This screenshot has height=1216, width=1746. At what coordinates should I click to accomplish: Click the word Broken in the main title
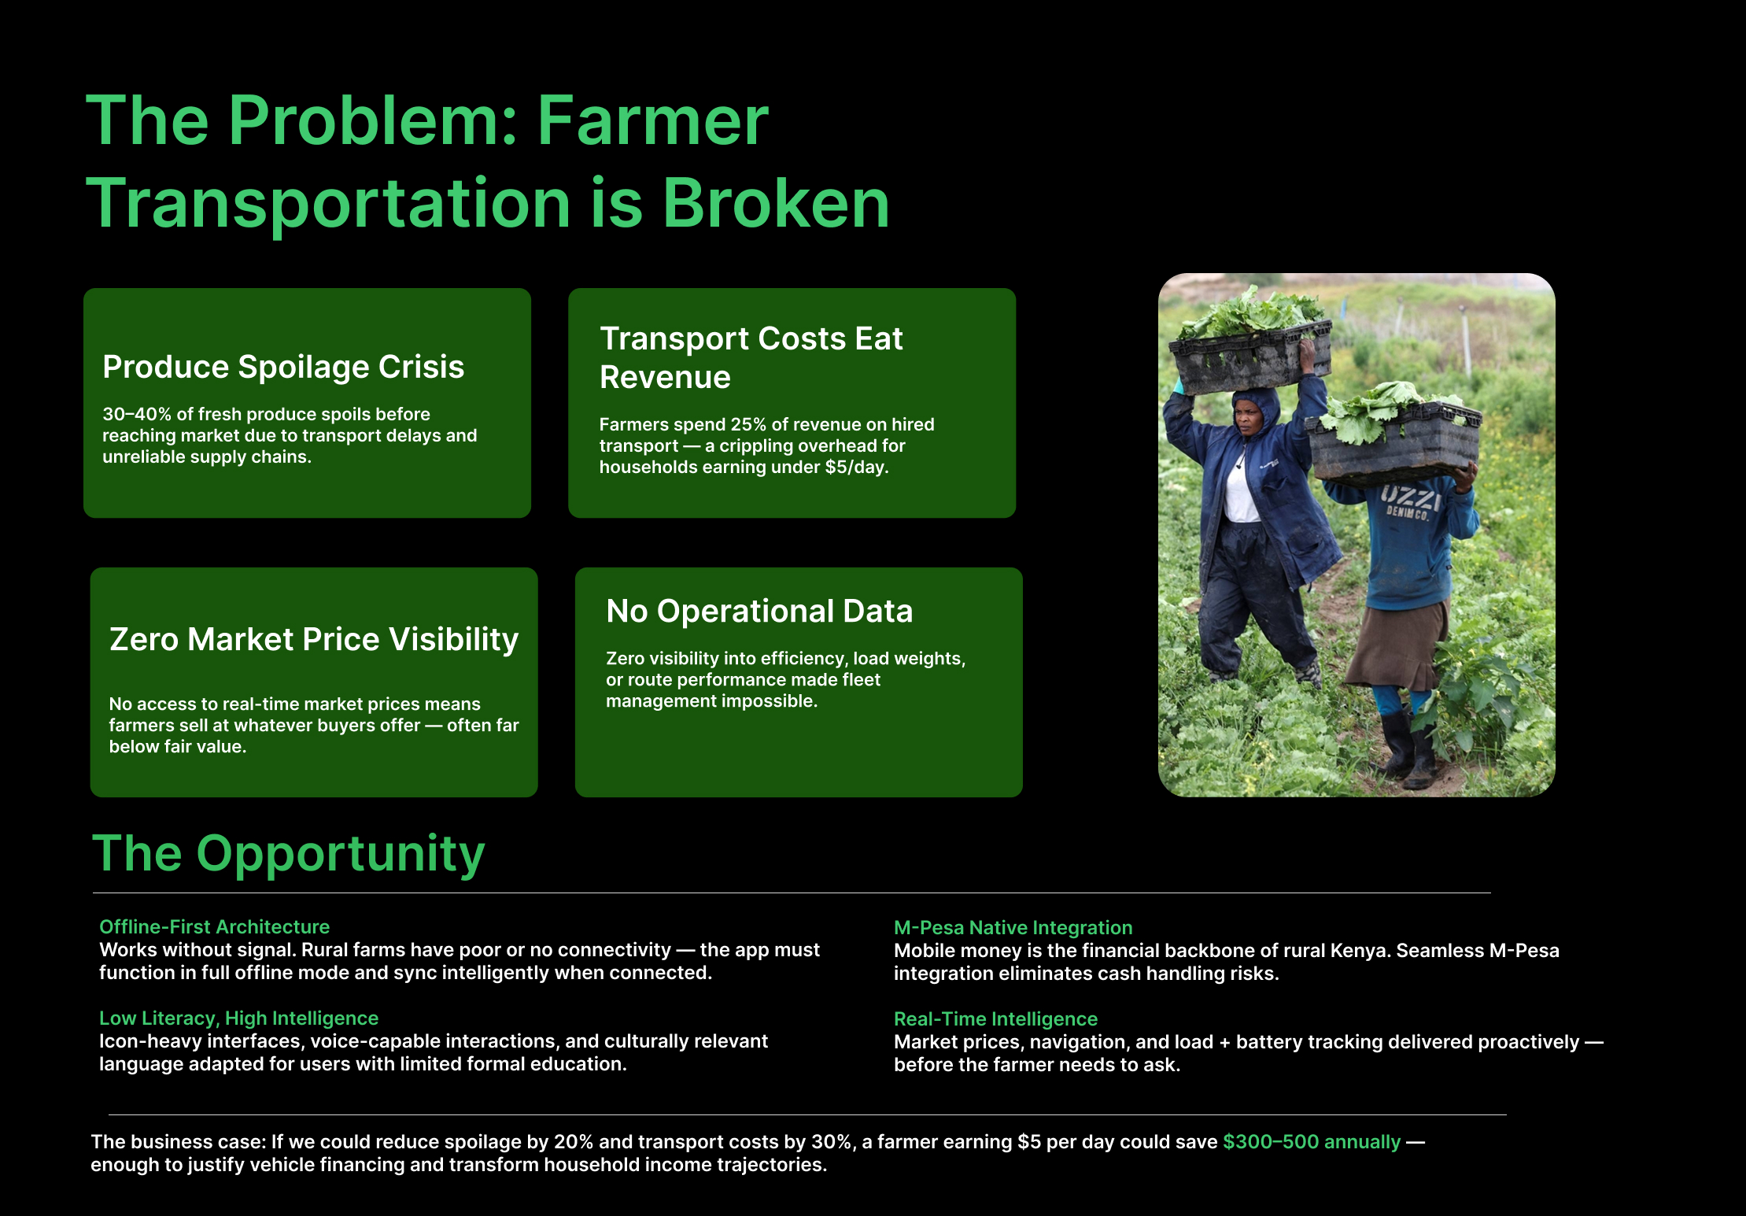click(775, 203)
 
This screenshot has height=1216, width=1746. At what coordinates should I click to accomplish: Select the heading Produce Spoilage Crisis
click(283, 368)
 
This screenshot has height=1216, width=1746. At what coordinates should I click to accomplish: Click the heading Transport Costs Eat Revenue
click(751, 358)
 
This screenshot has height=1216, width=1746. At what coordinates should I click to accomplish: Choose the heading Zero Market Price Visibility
click(314, 639)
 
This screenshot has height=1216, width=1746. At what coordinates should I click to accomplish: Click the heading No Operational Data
click(759, 612)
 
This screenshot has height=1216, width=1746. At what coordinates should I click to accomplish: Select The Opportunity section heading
click(289, 854)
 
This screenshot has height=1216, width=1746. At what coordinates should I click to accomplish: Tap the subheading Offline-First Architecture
click(214, 927)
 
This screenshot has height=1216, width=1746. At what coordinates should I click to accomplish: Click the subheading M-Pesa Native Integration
click(1013, 928)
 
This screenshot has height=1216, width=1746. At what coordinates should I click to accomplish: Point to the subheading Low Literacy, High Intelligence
click(238, 1018)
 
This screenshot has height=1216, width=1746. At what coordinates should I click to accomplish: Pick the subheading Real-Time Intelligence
click(995, 1019)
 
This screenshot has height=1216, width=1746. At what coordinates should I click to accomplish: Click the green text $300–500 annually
click(1312, 1142)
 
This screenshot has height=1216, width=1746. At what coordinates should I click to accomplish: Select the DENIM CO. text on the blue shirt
click(1408, 514)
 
